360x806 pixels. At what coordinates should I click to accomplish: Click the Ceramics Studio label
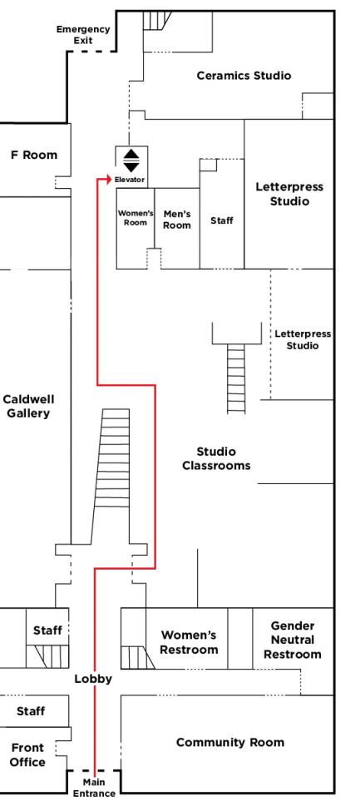tap(244, 76)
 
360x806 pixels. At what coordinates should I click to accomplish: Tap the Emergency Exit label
tap(83, 34)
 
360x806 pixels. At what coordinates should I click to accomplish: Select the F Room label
tap(34, 155)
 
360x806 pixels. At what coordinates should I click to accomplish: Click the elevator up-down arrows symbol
tap(131, 161)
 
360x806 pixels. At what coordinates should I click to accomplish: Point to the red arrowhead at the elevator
tap(108, 179)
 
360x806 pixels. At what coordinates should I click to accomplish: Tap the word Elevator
tap(130, 180)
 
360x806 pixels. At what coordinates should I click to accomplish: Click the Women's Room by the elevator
tap(136, 218)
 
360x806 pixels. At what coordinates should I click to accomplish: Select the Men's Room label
tap(177, 220)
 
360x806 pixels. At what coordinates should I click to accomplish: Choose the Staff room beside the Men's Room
tap(222, 220)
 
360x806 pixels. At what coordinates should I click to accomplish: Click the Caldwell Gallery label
tap(28, 406)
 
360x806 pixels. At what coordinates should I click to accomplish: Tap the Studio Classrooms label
tap(216, 458)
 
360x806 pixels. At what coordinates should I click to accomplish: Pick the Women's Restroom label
tap(189, 642)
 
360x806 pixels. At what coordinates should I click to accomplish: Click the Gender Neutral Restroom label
tap(293, 640)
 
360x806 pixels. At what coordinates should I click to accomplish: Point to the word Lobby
tap(93, 679)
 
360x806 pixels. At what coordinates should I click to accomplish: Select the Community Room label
tap(230, 742)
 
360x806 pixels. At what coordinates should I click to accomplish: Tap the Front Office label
tap(27, 754)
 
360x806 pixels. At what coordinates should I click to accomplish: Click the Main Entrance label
tap(94, 788)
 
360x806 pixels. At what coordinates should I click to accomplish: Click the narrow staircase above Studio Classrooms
tap(236, 378)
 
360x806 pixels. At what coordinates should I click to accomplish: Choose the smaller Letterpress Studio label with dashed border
tap(303, 339)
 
